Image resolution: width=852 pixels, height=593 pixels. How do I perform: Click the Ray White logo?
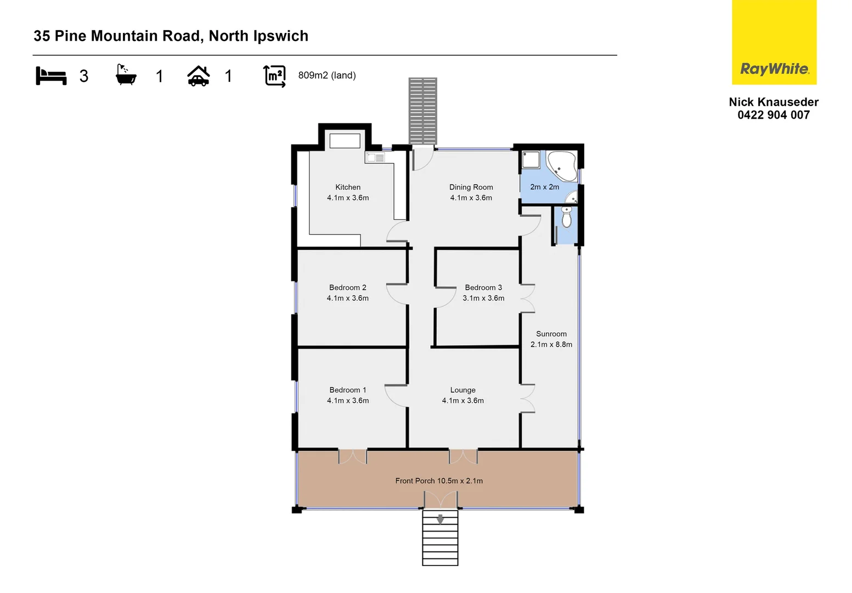click(774, 43)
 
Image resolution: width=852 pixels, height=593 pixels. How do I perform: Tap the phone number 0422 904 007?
click(773, 115)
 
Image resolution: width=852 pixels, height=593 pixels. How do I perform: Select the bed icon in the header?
click(51, 76)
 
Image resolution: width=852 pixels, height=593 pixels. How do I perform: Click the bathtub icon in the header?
click(126, 75)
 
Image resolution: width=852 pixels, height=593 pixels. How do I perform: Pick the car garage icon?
click(198, 76)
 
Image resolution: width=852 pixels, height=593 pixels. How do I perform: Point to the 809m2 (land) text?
click(326, 75)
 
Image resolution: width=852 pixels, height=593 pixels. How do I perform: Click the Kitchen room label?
click(348, 187)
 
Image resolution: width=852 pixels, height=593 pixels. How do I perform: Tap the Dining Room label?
click(471, 187)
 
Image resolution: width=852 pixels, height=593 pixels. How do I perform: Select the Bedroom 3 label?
click(483, 288)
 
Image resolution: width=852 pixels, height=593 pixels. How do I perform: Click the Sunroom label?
click(551, 334)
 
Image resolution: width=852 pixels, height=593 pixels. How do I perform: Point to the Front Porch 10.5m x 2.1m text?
click(439, 481)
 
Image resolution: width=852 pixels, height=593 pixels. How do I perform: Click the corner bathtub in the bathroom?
click(562, 165)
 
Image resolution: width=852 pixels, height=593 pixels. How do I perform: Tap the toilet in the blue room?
click(567, 218)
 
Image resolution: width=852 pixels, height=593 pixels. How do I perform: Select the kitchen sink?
click(375, 158)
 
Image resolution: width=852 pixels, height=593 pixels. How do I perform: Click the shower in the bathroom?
click(531, 159)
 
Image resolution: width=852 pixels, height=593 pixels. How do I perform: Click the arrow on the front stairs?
click(440, 519)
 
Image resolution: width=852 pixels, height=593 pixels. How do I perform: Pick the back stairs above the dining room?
click(422, 111)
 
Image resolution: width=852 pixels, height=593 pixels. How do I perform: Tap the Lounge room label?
click(462, 390)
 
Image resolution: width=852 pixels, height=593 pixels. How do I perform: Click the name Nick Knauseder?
click(773, 102)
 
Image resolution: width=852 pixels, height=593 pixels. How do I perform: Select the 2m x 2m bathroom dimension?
click(544, 187)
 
